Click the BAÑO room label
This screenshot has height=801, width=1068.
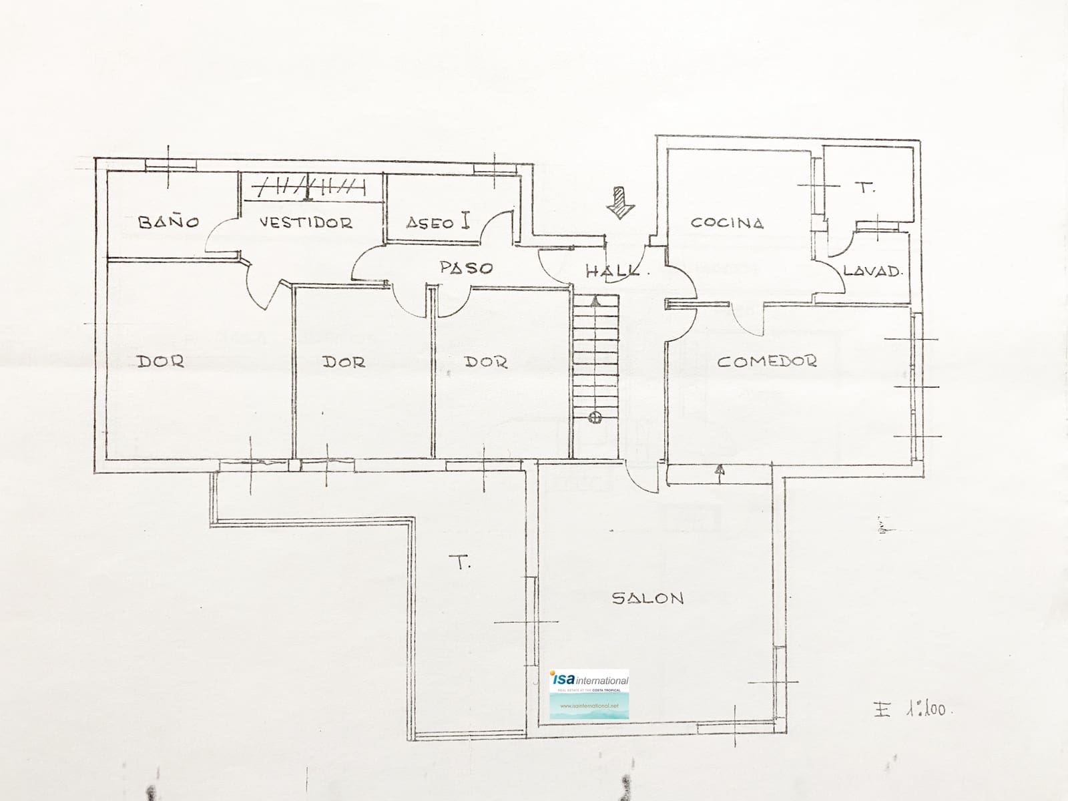[168, 222]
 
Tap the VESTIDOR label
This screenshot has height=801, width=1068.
[306, 222]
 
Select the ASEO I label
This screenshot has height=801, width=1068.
[438, 222]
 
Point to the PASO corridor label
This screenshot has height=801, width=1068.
[466, 268]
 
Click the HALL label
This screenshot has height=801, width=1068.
[611, 271]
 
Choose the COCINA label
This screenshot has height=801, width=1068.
[727, 222]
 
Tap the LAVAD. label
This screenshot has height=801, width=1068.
[872, 271]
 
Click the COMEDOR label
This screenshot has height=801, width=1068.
[767, 361]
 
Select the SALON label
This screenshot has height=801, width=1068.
[648, 598]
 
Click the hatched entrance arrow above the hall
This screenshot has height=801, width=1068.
[621, 202]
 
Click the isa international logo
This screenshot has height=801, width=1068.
[589, 694]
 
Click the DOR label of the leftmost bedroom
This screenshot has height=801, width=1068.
[160, 361]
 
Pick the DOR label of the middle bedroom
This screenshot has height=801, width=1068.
[344, 362]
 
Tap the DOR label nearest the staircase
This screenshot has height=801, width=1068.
[485, 362]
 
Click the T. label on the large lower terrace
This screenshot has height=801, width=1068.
[463, 563]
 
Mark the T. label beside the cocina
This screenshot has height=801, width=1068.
[866, 188]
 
